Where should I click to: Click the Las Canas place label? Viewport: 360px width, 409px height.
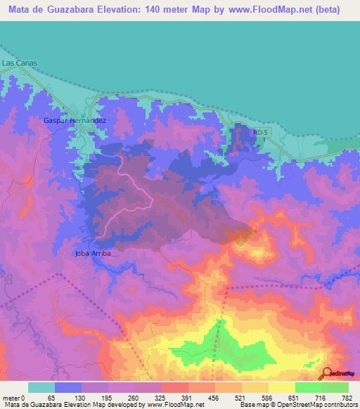(19, 63)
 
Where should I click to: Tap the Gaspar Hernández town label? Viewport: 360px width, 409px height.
(75, 121)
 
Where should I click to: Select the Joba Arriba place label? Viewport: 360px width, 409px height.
(93, 253)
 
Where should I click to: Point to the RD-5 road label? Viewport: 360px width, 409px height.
(260, 131)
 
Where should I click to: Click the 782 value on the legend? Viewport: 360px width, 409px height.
(347, 397)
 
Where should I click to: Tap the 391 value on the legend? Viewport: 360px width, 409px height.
(185, 397)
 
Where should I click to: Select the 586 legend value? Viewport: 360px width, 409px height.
(266, 397)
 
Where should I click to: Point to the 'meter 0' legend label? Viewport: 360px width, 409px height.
(14, 397)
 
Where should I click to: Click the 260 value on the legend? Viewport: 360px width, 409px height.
(131, 397)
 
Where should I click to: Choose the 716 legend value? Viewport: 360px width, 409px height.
(321, 397)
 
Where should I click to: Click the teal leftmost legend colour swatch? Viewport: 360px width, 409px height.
(41, 387)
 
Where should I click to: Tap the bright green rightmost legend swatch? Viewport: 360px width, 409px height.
(335, 387)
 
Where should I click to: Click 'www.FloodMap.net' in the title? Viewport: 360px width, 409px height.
(263, 10)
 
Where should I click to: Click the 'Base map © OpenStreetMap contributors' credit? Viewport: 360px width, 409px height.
(296, 405)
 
